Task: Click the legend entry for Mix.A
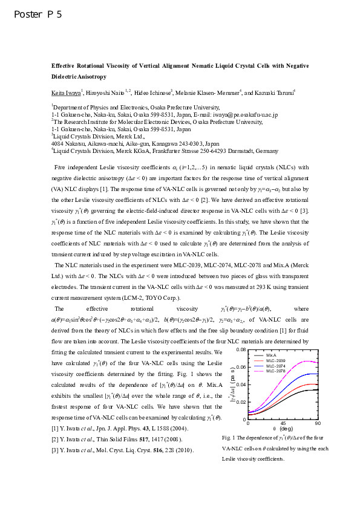click(280, 355)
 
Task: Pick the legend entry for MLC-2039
click(284, 360)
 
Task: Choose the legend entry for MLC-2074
click(284, 366)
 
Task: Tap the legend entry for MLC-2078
click(284, 371)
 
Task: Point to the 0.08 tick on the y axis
click(240, 351)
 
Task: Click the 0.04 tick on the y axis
click(240, 384)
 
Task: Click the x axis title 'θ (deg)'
click(283, 430)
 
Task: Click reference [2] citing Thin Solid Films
click(115, 439)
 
